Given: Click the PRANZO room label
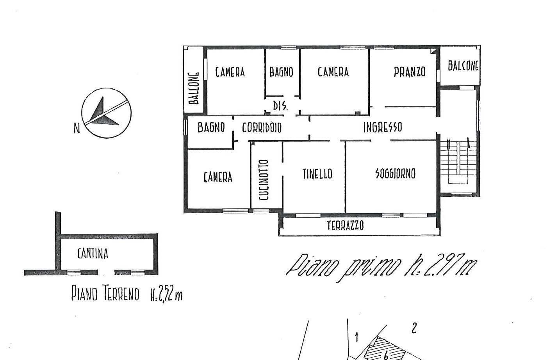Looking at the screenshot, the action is pyautogui.click(x=410, y=72).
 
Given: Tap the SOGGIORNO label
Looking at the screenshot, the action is pyautogui.click(x=396, y=173).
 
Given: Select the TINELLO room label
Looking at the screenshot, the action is pyautogui.click(x=317, y=174).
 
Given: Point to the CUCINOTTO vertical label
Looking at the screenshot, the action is pyautogui.click(x=264, y=180).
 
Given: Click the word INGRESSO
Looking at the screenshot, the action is pyautogui.click(x=383, y=127).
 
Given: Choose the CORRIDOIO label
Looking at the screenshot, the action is pyautogui.click(x=262, y=128).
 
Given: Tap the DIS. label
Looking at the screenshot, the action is pyautogui.click(x=280, y=106).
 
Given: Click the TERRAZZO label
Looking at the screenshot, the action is pyautogui.click(x=345, y=226).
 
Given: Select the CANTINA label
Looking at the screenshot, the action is pyautogui.click(x=93, y=254).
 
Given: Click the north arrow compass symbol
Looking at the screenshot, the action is pyautogui.click(x=107, y=113).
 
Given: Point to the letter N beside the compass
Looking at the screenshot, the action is pyautogui.click(x=77, y=128).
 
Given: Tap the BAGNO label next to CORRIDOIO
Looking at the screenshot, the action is pyautogui.click(x=211, y=128).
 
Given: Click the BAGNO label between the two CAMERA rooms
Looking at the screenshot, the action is pyautogui.click(x=281, y=72).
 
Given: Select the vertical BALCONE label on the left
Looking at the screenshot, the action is pyautogui.click(x=194, y=88).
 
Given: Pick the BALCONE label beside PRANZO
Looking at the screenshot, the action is pyautogui.click(x=463, y=66).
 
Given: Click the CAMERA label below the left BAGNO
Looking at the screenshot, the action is pyautogui.click(x=218, y=177).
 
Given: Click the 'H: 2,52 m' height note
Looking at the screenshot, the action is pyautogui.click(x=167, y=295).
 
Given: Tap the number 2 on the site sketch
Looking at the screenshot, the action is pyautogui.click(x=414, y=328).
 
